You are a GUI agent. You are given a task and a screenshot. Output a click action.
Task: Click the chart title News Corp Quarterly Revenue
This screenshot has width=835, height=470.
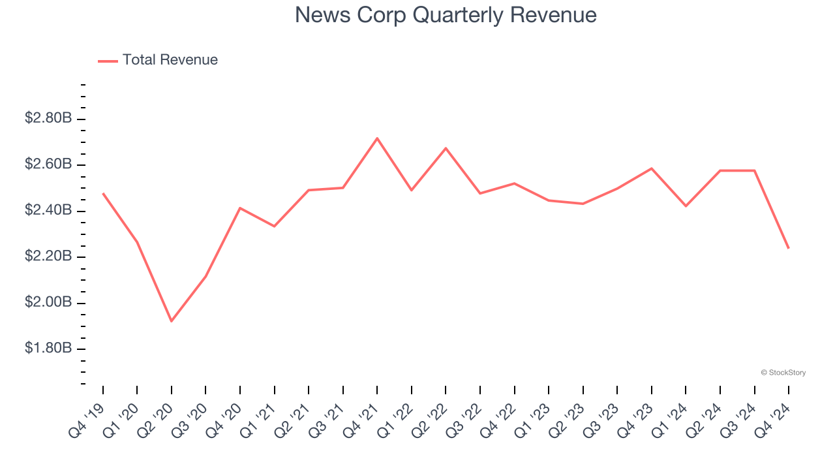(446, 15)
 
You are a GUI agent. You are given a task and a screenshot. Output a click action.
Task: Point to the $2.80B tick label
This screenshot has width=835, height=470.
(48, 118)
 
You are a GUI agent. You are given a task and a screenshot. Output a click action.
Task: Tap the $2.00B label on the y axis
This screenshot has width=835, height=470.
(48, 302)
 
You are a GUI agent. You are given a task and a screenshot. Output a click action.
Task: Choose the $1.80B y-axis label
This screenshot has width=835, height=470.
(48, 349)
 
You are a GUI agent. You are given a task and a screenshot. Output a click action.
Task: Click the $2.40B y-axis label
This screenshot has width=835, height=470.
(48, 210)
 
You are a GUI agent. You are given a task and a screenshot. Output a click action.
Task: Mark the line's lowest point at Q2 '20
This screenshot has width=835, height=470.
(172, 321)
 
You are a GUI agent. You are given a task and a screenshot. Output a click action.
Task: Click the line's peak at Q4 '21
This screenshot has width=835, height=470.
(377, 138)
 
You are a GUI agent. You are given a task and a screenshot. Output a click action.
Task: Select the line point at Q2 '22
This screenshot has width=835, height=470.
(446, 148)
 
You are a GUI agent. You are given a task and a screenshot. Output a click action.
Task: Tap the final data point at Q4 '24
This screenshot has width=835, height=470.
(789, 248)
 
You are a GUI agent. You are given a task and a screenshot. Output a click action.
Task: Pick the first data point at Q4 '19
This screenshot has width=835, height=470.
(103, 193)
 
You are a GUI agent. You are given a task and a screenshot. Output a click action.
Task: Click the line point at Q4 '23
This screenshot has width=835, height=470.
(652, 168)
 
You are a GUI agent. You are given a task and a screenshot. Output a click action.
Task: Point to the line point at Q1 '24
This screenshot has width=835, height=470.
(686, 206)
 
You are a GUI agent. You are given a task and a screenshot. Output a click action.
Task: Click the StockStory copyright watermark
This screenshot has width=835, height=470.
(783, 373)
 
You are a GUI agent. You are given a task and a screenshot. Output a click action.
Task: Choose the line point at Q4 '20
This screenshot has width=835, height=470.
(240, 208)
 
